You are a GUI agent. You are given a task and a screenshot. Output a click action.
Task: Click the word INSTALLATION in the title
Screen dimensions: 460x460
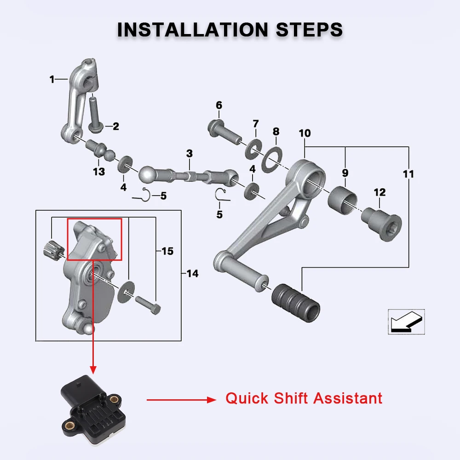pyautogui.click(x=192, y=29)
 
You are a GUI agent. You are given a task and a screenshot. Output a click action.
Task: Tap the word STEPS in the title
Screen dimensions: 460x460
pyautogui.click(x=309, y=29)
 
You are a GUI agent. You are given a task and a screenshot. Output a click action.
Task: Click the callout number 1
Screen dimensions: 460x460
pyautogui.click(x=52, y=79)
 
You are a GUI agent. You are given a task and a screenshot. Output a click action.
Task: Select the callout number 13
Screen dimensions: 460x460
pyautogui.click(x=99, y=172)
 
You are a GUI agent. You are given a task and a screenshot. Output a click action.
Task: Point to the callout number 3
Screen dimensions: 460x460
pyautogui.click(x=190, y=154)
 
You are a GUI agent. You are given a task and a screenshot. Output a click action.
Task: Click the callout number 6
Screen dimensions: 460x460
pyautogui.click(x=219, y=105)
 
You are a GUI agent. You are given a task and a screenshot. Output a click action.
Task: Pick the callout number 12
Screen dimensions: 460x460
pyautogui.click(x=379, y=192)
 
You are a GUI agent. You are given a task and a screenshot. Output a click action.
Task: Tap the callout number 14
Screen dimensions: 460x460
pyautogui.click(x=192, y=274)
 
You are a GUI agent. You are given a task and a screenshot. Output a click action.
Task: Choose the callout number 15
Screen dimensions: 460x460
pyautogui.click(x=167, y=251)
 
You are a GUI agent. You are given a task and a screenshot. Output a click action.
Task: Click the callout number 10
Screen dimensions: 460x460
pyautogui.click(x=305, y=133)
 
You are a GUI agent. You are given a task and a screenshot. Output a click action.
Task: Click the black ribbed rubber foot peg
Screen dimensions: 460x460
pyautogui.click(x=296, y=303)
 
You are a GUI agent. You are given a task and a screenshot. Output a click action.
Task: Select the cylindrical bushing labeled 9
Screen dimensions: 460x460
pyautogui.click(x=342, y=200)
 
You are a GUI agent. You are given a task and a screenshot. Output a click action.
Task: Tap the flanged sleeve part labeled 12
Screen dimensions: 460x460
pyautogui.click(x=381, y=224)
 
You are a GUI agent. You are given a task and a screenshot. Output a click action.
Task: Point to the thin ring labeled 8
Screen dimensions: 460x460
pyautogui.click(x=272, y=160)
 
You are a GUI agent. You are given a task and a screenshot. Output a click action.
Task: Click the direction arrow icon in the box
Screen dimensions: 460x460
pyautogui.click(x=407, y=322)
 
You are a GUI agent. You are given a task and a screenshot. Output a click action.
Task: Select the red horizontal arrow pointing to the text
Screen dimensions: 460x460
pyautogui.click(x=182, y=400)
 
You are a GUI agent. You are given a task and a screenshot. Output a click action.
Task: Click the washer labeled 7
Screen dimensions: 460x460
pyautogui.click(x=254, y=149)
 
